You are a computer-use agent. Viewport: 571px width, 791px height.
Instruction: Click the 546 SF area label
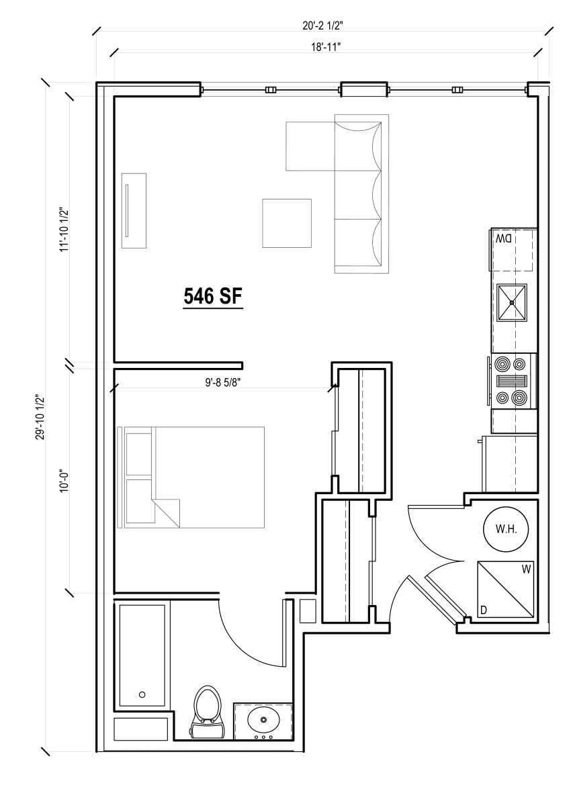pyautogui.click(x=212, y=296)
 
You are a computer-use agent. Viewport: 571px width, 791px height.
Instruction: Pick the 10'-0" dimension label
pyautogui.click(x=64, y=481)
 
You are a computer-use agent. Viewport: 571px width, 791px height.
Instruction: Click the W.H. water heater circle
pyautogui.click(x=505, y=529)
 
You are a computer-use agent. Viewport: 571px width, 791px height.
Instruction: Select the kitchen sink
pyautogui.click(x=512, y=303)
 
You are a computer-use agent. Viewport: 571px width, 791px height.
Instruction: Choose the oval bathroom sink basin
pyautogui.click(x=263, y=721)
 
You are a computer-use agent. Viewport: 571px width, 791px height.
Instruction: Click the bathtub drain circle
pyautogui.click(x=142, y=694)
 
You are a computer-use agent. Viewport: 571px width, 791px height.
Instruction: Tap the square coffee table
pyautogui.click(x=287, y=223)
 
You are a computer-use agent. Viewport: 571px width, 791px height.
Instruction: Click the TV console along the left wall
pyautogui.click(x=134, y=211)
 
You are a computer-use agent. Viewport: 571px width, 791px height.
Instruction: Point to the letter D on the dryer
pyautogui.click(x=483, y=610)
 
